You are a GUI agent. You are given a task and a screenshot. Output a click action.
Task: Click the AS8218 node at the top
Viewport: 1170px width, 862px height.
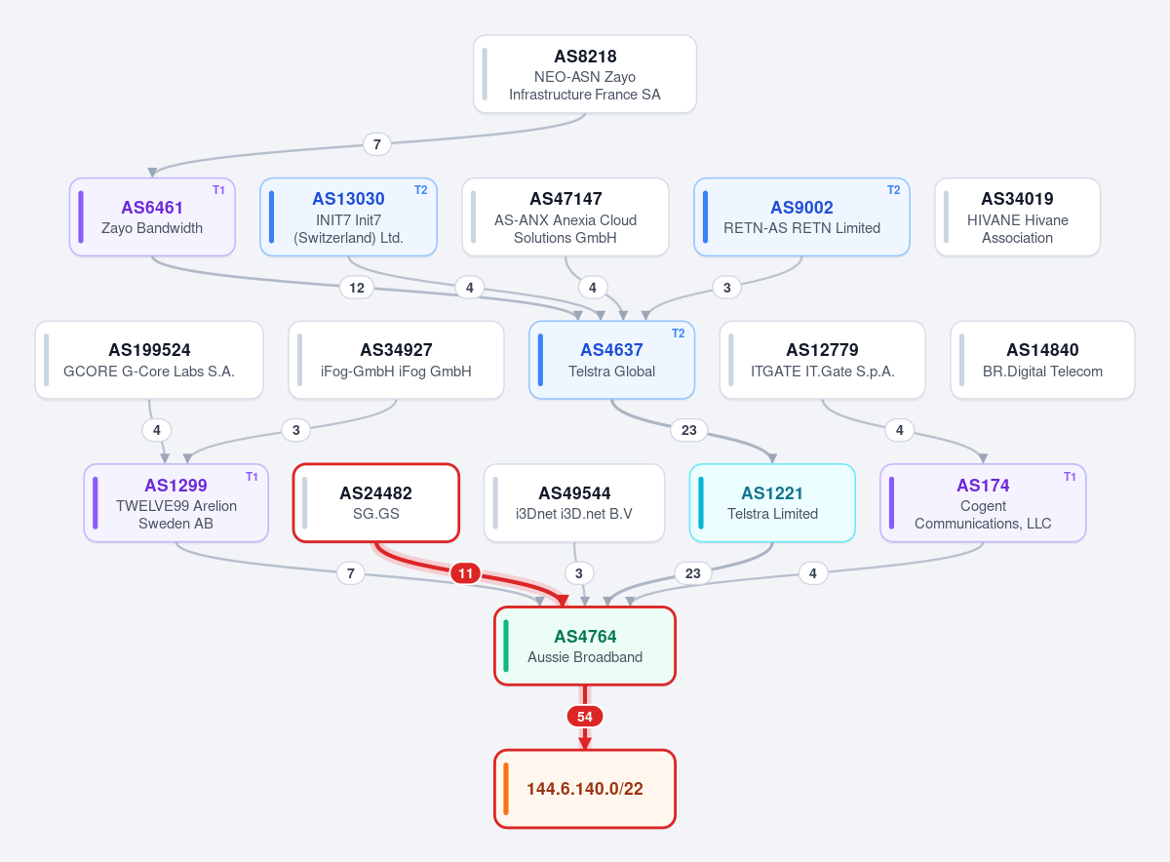point(584,74)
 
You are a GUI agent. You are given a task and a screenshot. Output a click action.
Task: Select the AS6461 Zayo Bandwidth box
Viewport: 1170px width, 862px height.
point(152,216)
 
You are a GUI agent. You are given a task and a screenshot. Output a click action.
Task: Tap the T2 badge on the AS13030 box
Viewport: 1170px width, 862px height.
point(420,190)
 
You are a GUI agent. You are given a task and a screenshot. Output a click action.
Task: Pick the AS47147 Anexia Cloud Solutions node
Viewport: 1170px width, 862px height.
point(565,216)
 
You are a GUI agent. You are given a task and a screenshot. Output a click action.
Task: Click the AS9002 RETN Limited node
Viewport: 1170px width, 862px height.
point(801,216)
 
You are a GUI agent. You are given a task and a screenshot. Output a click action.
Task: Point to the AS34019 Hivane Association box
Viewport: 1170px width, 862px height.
point(1017,216)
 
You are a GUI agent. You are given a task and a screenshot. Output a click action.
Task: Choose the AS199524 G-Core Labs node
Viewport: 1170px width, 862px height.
point(149,360)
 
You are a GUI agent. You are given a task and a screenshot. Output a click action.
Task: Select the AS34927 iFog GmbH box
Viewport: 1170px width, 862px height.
point(396,360)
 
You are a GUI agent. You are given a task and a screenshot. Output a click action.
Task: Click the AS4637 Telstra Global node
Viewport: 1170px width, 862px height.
point(611,360)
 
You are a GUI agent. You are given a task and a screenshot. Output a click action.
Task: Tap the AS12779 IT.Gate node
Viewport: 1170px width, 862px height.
point(822,360)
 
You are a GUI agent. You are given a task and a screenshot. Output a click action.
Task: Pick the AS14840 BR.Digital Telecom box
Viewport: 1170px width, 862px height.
point(1042,360)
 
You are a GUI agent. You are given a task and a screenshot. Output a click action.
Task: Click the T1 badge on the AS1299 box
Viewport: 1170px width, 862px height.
point(252,477)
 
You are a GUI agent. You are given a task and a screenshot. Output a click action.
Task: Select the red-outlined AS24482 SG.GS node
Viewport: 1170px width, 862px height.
point(376,502)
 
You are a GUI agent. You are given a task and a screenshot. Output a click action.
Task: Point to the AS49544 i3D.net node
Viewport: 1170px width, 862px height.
point(574,502)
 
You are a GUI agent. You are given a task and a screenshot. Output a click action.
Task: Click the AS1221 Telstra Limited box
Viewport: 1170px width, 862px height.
point(772,502)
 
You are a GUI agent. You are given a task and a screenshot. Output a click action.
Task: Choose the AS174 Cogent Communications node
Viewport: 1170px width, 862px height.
point(983,502)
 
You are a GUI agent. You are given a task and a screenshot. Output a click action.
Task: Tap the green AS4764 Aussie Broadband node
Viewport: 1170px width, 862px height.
point(584,646)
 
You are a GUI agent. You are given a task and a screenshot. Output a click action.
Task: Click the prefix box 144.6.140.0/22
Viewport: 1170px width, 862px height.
point(584,789)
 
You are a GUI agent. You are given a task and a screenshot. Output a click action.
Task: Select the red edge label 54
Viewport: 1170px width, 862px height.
point(584,717)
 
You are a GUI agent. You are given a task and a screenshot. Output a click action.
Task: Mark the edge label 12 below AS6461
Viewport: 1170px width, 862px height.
point(357,288)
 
